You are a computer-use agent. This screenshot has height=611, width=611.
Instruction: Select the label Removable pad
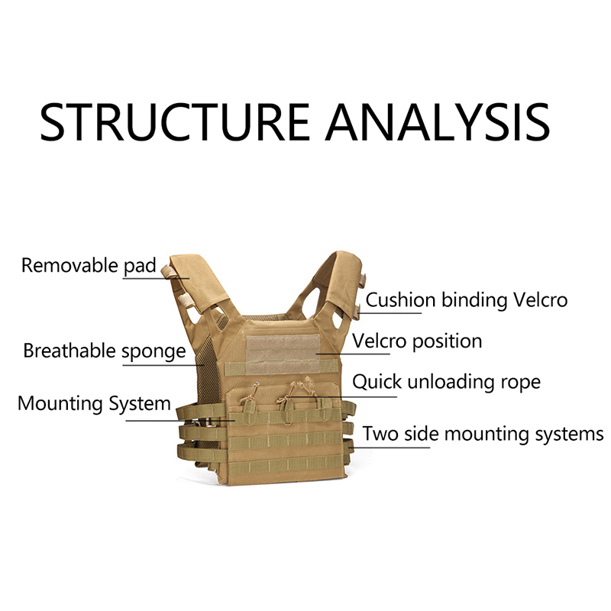(88, 266)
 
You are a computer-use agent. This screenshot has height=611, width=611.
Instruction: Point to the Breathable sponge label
(104, 351)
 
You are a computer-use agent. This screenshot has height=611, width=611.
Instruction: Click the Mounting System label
(94, 403)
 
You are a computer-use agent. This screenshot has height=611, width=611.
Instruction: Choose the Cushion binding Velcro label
(466, 300)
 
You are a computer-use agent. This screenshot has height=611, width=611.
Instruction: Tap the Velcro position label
(416, 341)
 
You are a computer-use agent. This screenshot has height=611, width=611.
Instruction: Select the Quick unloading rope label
(446, 381)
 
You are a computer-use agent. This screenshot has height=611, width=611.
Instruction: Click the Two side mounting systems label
(483, 434)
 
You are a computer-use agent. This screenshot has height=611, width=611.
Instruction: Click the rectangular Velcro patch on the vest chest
(282, 351)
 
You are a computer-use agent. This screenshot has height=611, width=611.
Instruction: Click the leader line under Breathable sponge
(153, 364)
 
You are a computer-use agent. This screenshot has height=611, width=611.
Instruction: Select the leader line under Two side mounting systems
(390, 447)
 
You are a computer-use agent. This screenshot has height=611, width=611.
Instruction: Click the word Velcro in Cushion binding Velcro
(541, 300)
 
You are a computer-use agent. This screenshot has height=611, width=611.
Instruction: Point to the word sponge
(154, 352)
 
